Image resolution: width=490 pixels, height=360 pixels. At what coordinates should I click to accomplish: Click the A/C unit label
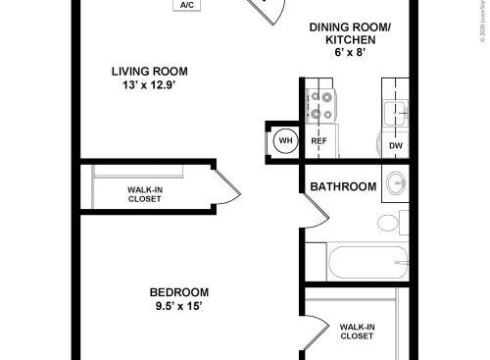(186, 6)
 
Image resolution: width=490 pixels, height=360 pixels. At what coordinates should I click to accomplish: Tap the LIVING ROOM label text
(149, 71)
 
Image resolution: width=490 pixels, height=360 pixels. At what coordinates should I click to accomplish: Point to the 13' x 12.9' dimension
(149, 85)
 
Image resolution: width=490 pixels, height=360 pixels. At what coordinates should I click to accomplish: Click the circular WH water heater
(285, 140)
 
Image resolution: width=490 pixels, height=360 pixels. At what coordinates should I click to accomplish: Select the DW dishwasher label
(395, 146)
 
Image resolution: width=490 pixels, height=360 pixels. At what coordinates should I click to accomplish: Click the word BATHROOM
(344, 186)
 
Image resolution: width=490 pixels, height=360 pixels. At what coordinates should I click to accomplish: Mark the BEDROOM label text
(178, 292)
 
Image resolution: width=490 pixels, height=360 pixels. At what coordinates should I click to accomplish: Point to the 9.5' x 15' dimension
(178, 307)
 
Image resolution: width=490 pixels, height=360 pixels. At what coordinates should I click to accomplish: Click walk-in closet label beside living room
(145, 194)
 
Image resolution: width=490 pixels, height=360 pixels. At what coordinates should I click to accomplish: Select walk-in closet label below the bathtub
(356, 331)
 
